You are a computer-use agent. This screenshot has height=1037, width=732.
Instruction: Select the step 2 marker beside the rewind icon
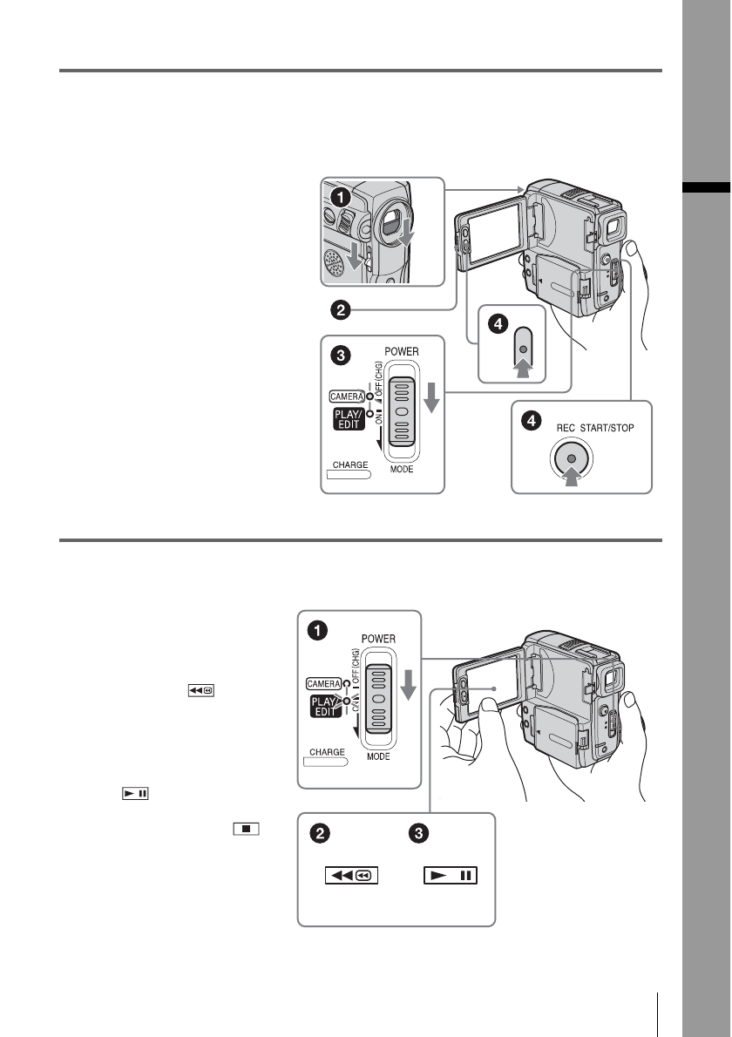coord(322,834)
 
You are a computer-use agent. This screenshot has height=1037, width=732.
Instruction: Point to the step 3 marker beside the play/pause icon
coord(419,834)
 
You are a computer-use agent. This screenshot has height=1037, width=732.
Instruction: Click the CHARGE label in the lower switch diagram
coord(325,751)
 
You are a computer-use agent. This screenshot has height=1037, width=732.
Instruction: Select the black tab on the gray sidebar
coord(707,186)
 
